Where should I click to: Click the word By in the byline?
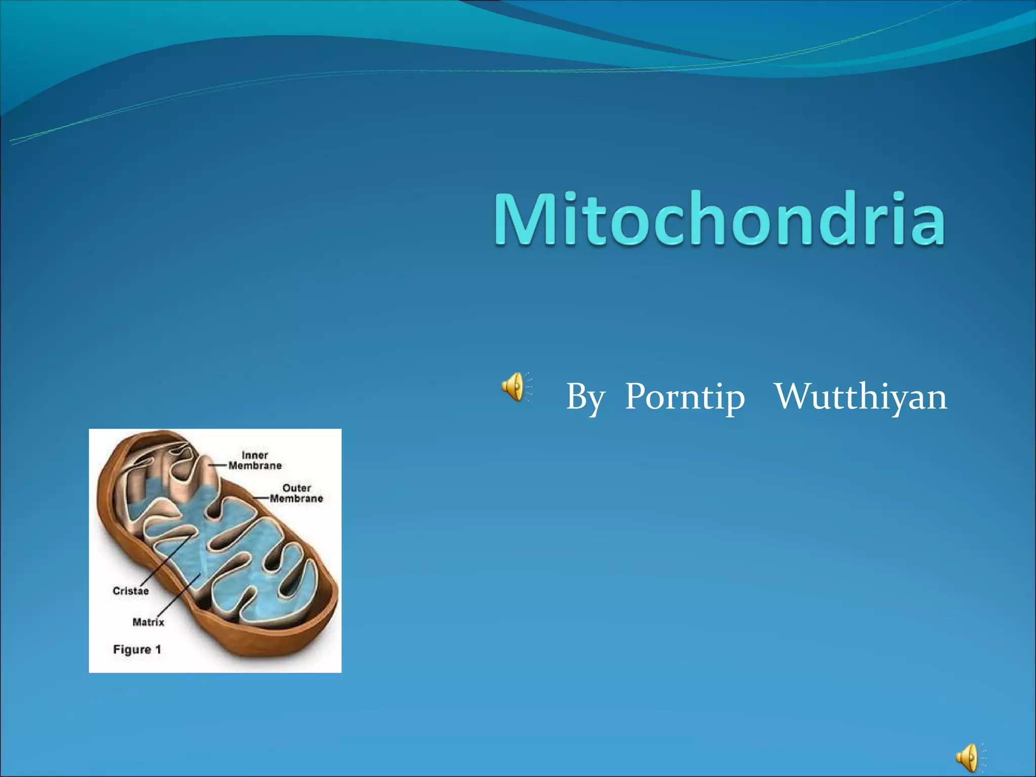pyautogui.click(x=585, y=398)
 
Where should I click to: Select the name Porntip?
pyautogui.click(x=684, y=398)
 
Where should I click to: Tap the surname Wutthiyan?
pyautogui.click(x=860, y=397)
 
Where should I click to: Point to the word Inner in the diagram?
pyautogui.click(x=254, y=455)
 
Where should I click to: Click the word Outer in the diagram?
pyautogui.click(x=296, y=488)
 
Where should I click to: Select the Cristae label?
pyautogui.click(x=131, y=591)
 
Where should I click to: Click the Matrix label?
pyautogui.click(x=148, y=622)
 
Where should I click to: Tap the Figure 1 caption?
pyautogui.click(x=137, y=650)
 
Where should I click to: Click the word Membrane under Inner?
pyautogui.click(x=255, y=466)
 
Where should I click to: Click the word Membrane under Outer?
pyautogui.click(x=296, y=499)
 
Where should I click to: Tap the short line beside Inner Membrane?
pyautogui.click(x=218, y=465)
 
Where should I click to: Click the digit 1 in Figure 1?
pyautogui.click(x=158, y=650)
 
